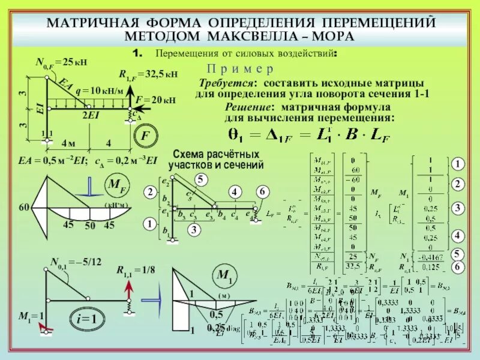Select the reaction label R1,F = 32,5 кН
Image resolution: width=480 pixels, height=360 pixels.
148,75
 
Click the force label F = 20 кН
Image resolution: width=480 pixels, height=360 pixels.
155,100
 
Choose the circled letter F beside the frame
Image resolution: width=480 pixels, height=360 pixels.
145,136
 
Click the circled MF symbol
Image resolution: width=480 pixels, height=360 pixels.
115,185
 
